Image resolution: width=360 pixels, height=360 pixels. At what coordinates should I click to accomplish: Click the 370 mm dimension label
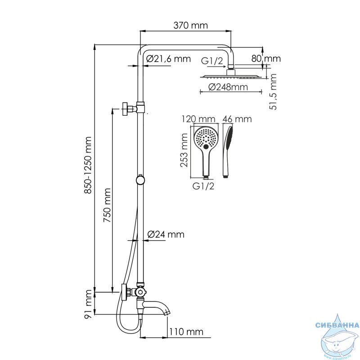190,25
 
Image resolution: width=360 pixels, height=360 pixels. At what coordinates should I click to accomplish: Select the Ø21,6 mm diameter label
168,59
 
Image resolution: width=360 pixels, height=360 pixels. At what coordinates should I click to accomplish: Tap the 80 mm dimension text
266,58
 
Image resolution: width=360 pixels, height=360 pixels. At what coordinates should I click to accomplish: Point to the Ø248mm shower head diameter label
228,87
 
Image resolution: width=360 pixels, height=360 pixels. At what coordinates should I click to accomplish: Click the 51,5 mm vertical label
273,92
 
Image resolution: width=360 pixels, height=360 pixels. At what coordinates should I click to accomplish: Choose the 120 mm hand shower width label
198,119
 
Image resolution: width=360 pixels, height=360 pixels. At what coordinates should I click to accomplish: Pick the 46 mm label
237,119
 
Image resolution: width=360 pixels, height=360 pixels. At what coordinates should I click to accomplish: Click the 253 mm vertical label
184,150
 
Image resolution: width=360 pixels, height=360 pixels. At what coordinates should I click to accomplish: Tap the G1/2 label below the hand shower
203,186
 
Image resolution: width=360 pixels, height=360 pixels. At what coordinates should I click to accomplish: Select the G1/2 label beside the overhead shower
212,61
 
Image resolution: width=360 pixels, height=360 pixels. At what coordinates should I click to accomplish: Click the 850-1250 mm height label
88,165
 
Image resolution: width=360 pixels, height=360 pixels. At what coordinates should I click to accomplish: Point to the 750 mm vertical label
107,205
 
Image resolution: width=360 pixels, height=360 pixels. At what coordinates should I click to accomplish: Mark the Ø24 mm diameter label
166,234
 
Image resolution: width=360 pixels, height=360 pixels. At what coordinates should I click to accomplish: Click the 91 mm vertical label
88,304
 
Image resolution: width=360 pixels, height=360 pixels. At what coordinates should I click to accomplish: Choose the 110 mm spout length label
186,332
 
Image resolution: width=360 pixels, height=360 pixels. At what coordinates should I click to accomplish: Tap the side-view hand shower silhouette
228,152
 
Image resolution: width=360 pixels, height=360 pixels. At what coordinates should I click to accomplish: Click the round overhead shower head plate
231,76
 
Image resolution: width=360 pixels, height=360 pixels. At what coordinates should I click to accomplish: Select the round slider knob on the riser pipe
140,180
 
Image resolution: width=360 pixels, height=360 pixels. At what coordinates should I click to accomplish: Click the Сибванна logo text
337,325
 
